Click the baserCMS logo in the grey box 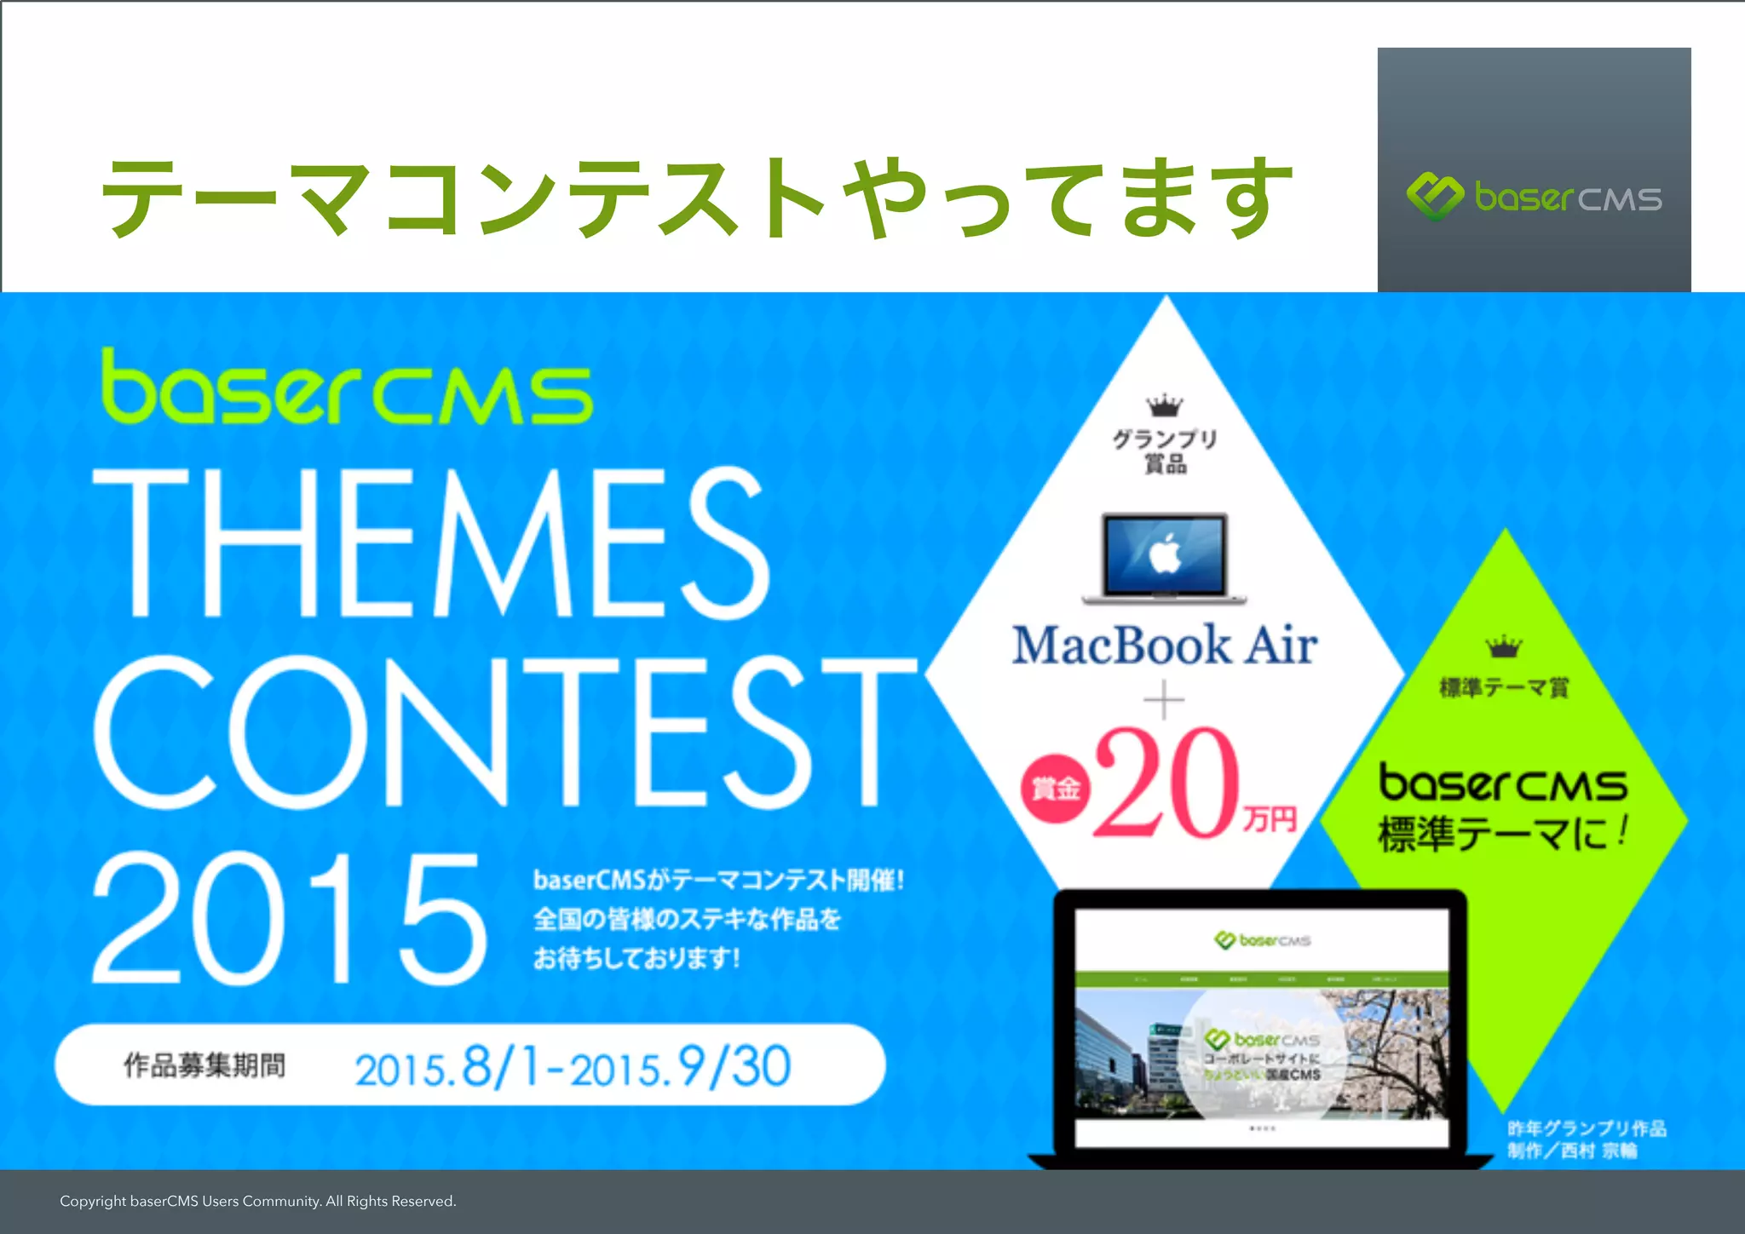1534,198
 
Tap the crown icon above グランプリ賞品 1164,405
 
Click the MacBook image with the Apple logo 1165,558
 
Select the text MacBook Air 1165,645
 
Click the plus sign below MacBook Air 1164,702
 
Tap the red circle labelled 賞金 1055,789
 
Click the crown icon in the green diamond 1505,646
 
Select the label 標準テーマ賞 1504,687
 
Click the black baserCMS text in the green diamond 1503,783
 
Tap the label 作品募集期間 204,1065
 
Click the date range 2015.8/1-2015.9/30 573,1067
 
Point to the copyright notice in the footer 258,1202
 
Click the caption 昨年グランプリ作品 1587,1128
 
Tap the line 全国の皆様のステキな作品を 687,919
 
